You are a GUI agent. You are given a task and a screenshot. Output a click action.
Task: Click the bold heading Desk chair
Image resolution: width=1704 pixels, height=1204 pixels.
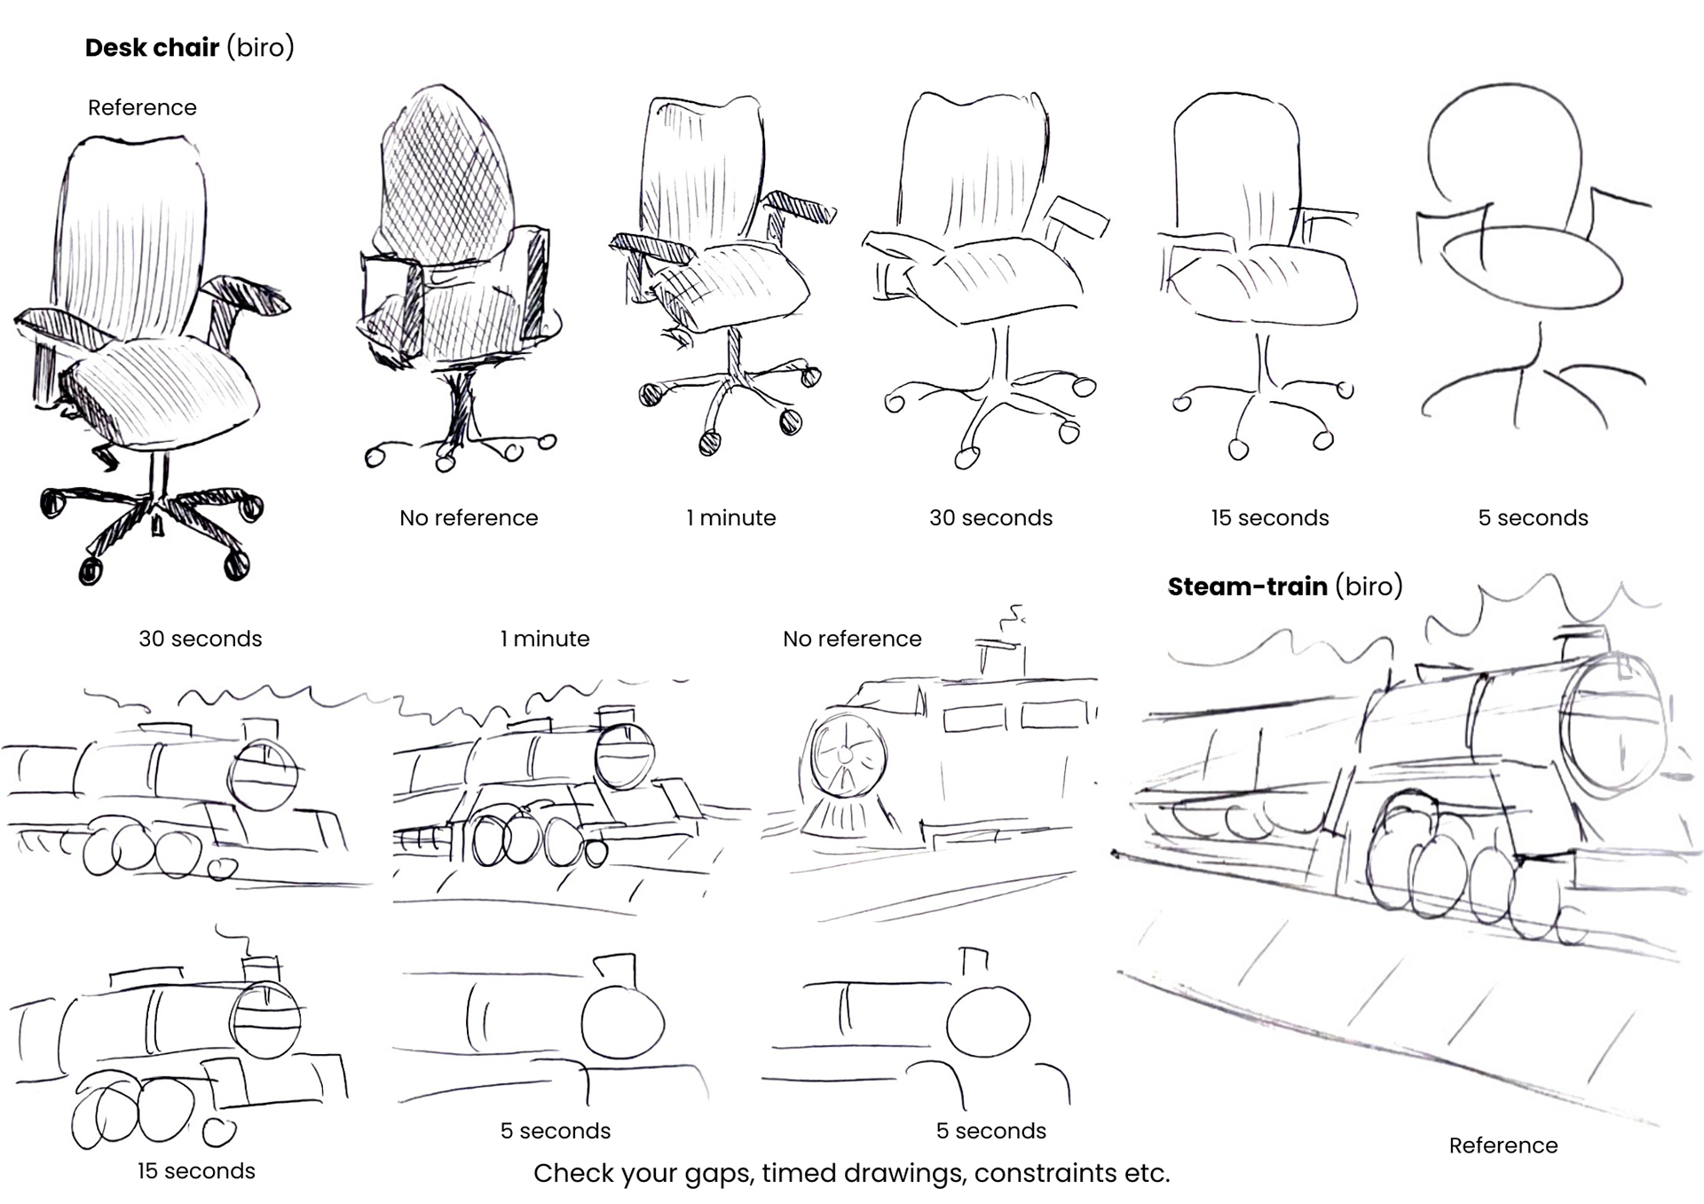coord(152,48)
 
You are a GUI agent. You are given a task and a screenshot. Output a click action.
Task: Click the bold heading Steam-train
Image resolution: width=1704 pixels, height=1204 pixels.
coord(1247,586)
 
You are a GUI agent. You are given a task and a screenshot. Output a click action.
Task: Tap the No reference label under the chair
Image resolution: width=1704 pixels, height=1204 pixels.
coord(469,518)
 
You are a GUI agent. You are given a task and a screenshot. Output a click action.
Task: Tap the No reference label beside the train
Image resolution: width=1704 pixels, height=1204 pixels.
coord(852,639)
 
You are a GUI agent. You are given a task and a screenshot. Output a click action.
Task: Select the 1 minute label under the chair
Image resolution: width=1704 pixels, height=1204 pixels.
coord(730,518)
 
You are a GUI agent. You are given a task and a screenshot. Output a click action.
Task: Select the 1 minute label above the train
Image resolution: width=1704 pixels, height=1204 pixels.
coord(544,639)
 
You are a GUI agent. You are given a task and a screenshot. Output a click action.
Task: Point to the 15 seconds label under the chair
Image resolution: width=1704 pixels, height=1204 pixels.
coord(1269,518)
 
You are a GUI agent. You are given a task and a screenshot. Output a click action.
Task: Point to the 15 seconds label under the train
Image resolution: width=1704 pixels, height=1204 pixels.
coord(195,1171)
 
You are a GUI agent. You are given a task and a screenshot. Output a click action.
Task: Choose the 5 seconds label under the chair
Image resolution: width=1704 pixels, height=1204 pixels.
coord(1533,518)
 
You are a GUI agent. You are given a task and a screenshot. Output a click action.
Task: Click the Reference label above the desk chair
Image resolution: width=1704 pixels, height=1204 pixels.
coord(142,107)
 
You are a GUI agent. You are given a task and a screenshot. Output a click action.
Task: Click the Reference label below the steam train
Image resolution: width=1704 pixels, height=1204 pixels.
coord(1503,1145)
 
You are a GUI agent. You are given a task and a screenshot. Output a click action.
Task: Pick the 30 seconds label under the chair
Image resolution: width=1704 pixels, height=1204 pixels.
coord(990,518)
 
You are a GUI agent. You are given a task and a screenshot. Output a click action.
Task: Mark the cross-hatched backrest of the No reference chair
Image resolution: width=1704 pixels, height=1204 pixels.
coord(444,169)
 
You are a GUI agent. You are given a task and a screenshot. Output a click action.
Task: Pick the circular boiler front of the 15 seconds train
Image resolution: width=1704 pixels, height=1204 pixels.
coord(265,1019)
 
